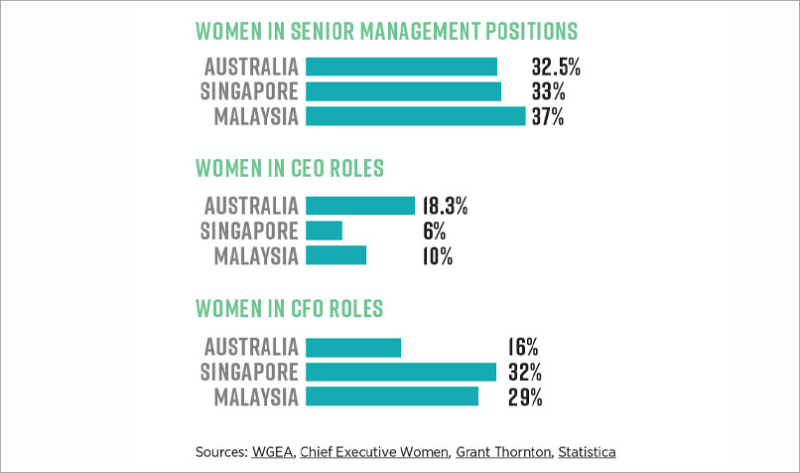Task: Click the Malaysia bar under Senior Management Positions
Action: coord(415,116)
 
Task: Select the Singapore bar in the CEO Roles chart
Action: coord(324,231)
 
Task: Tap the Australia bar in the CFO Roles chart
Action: coord(353,347)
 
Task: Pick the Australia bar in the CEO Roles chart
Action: coord(360,206)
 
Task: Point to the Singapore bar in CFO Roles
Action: coord(401,372)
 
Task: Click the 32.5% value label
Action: coord(556,68)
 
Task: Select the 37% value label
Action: coord(548,116)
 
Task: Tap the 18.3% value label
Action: coord(445,207)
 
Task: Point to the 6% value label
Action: coord(433,232)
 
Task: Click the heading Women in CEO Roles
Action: coord(290,167)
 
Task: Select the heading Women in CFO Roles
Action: coord(290,307)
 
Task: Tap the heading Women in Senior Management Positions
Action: coord(387,30)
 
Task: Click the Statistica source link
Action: coord(587,452)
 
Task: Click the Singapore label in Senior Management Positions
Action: coord(249,91)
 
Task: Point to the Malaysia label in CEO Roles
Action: coord(256,255)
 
